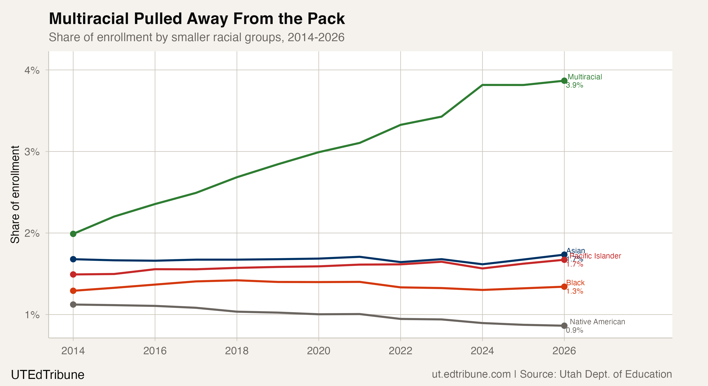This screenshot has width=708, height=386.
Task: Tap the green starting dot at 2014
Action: pyautogui.click(x=73, y=234)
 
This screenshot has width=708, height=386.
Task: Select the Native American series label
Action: pyautogui.click(x=597, y=321)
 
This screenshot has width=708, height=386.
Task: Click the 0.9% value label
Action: pyautogui.click(x=574, y=330)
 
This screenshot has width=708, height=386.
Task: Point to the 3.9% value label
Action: pyautogui.click(x=574, y=85)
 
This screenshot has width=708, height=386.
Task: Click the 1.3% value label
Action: pyautogui.click(x=574, y=291)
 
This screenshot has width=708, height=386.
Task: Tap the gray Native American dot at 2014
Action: pyautogui.click(x=73, y=305)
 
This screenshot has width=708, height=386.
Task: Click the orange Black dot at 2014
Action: pyautogui.click(x=73, y=291)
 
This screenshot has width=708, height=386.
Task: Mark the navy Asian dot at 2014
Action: pyautogui.click(x=73, y=259)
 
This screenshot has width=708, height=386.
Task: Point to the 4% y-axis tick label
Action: pyautogui.click(x=32, y=70)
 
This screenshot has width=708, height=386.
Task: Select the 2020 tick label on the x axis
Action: pyautogui.click(x=319, y=351)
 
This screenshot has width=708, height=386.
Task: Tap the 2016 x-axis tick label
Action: pyautogui.click(x=155, y=351)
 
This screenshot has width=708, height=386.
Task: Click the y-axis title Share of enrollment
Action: pyautogui.click(x=15, y=195)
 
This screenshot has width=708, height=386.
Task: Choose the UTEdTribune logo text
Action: pyautogui.click(x=48, y=375)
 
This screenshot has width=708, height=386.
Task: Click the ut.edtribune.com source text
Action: pyautogui.click(x=471, y=374)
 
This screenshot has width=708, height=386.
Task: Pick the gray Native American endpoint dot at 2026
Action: pyautogui.click(x=564, y=326)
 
